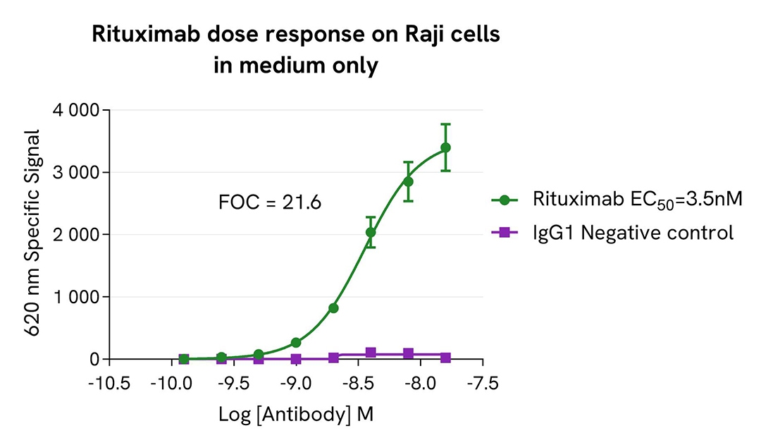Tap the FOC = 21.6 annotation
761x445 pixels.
coord(271,203)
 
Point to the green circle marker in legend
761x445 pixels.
coord(505,200)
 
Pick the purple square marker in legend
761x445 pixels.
coord(505,233)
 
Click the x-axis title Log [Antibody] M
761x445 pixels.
coord(296,415)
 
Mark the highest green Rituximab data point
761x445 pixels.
coord(445,147)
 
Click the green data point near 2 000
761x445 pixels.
coord(371,232)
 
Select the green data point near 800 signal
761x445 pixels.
coord(333,308)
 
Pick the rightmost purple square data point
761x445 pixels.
coord(445,358)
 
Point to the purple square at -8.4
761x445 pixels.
coord(371,353)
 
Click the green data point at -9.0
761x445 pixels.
coord(296,343)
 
